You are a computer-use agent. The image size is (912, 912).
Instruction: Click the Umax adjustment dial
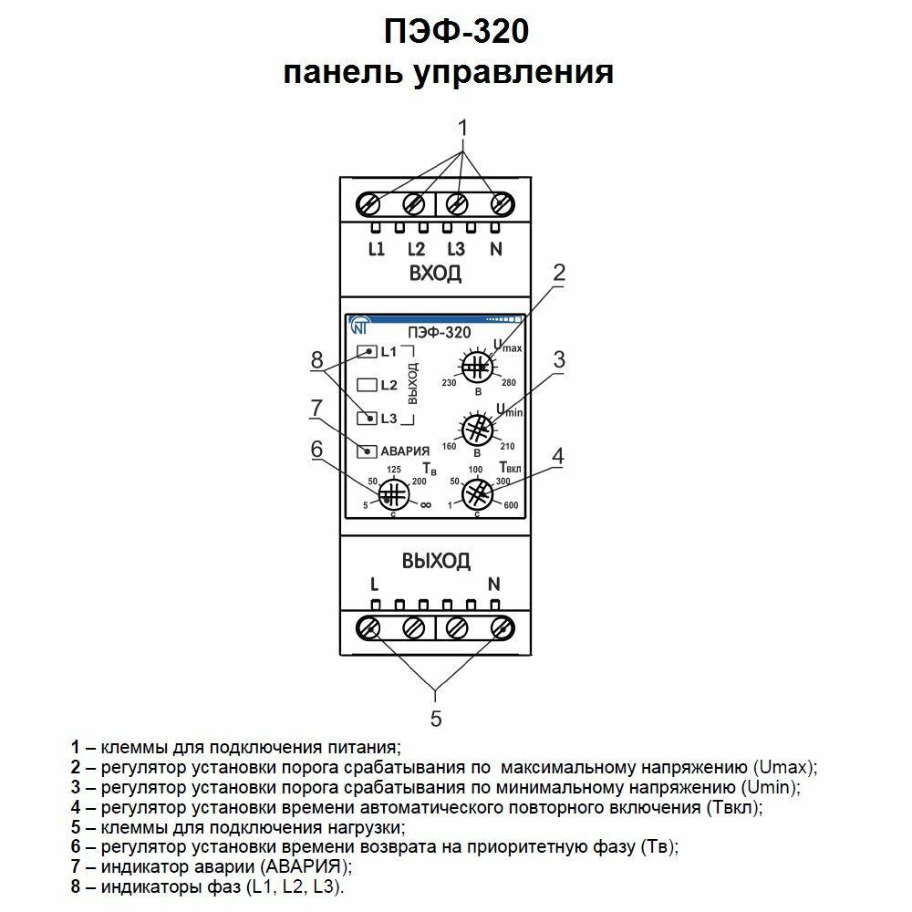[x=475, y=368]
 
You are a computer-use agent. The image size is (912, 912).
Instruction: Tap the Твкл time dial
[x=475, y=494]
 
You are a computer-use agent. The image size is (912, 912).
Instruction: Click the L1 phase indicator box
[x=367, y=352]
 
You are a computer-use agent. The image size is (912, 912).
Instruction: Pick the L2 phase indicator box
[x=367, y=385]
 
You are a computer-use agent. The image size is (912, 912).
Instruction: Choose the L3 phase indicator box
[x=367, y=419]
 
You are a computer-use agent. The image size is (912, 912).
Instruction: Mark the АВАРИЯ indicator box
[x=367, y=451]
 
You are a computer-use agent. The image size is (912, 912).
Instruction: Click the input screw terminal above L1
[x=371, y=202]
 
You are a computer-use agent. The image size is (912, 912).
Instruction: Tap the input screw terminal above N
[x=500, y=202]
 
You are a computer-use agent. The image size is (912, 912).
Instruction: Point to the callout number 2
[x=559, y=272]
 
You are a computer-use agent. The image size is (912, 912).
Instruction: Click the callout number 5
[x=436, y=719]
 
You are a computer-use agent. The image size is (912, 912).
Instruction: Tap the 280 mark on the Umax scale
[x=509, y=381]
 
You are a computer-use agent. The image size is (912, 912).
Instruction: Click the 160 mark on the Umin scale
[x=449, y=447]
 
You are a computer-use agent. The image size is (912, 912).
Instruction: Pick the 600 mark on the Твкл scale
[x=512, y=505]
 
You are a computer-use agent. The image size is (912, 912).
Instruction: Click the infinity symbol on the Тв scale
[x=425, y=504]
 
